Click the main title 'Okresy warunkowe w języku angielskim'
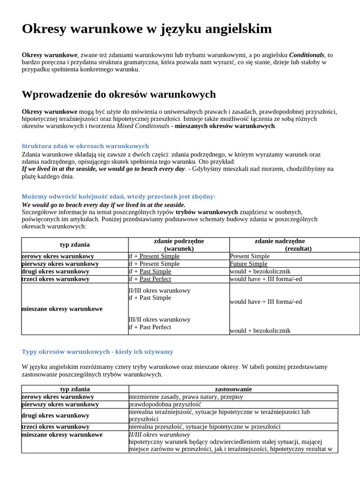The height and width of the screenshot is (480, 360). coord(147,29)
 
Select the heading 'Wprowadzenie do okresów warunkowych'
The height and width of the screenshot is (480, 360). coord(119,94)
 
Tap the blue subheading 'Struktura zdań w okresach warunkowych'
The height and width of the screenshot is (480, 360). coord(85,146)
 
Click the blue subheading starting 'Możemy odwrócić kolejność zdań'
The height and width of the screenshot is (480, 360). coord(119,196)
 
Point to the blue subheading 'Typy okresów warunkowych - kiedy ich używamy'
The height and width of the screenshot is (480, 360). coord(97,352)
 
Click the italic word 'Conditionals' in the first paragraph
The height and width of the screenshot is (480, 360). coord(307,55)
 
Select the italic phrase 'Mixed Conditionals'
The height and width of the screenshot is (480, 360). coord(142,126)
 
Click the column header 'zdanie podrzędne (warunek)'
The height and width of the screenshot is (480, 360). coord(179,245)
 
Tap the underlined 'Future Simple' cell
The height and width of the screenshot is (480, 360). coord(248,264)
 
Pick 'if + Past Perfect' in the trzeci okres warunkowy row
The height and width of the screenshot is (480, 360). coord(150,279)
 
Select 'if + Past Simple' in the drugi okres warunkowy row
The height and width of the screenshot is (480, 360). coord(150,271)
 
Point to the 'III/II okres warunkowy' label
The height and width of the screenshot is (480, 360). coord(159,320)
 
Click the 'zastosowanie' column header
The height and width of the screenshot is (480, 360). coord(233,389)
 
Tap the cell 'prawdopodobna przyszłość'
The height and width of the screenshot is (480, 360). coord(165,404)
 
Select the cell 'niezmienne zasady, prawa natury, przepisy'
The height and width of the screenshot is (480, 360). coord(186,397)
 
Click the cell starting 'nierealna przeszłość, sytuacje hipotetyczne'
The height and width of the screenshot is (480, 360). coord(204,427)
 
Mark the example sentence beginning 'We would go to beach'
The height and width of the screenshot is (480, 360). coord(104,205)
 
